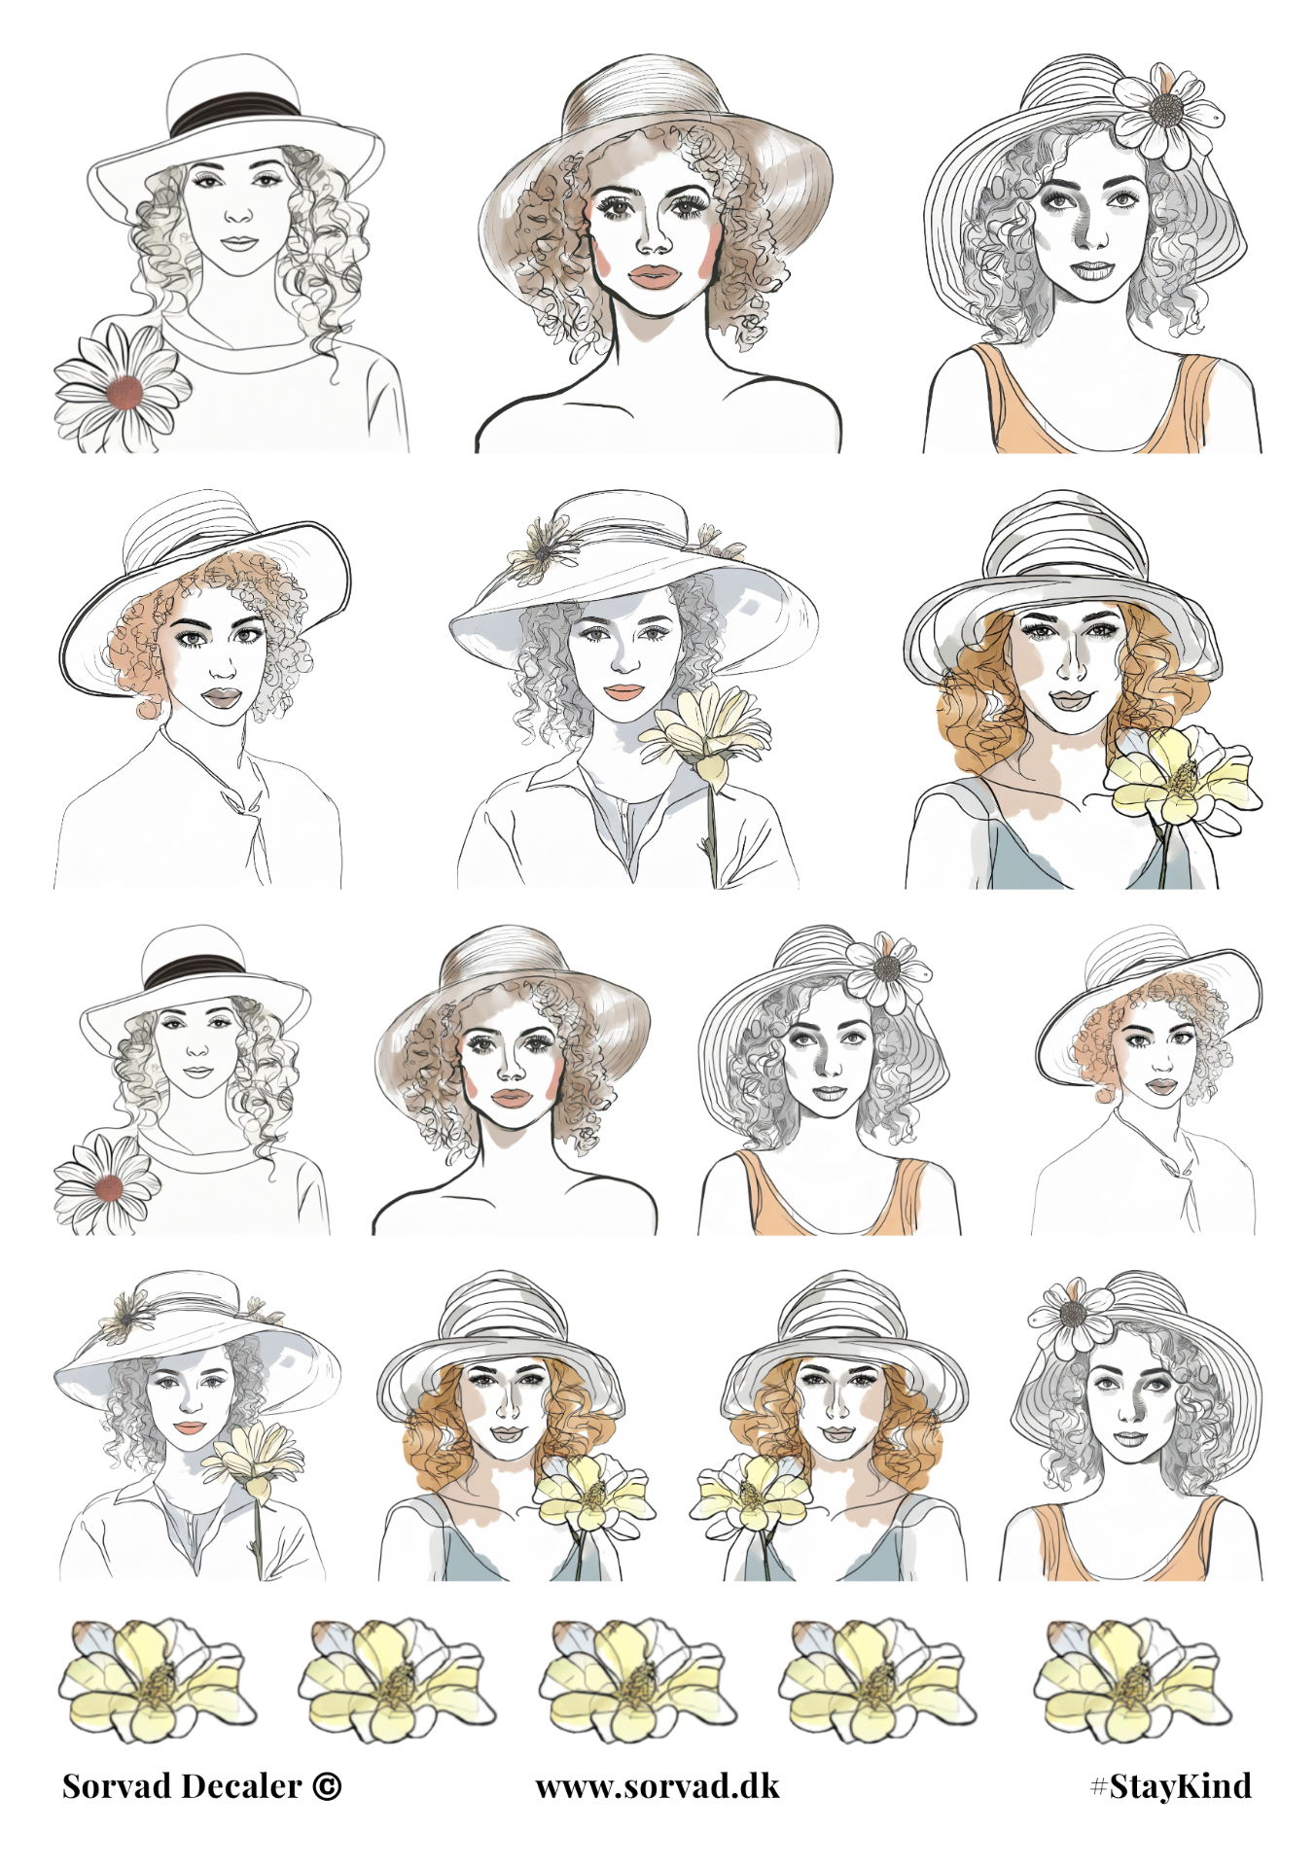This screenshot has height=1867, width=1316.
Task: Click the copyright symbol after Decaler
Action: pyautogui.click(x=327, y=1786)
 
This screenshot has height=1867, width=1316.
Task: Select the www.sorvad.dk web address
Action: pyautogui.click(x=658, y=1786)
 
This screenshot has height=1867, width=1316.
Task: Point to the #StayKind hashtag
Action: pyautogui.click(x=1171, y=1786)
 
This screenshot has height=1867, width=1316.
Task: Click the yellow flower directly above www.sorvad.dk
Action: pyautogui.click(x=637, y=1679)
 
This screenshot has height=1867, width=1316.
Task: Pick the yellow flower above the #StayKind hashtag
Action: pyautogui.click(x=1131, y=1679)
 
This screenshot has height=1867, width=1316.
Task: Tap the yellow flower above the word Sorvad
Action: pyautogui.click(x=157, y=1679)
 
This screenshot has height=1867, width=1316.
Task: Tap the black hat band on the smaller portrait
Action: pyautogui.click(x=194, y=970)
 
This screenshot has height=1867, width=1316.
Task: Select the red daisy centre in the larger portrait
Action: pyautogui.click(x=124, y=391)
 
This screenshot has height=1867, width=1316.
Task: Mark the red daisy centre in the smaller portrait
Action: pyautogui.click(x=109, y=1187)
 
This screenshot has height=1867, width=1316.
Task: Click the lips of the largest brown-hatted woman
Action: pyautogui.click(x=653, y=277)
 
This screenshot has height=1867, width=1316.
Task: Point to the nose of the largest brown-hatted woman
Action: pyautogui.click(x=653, y=239)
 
